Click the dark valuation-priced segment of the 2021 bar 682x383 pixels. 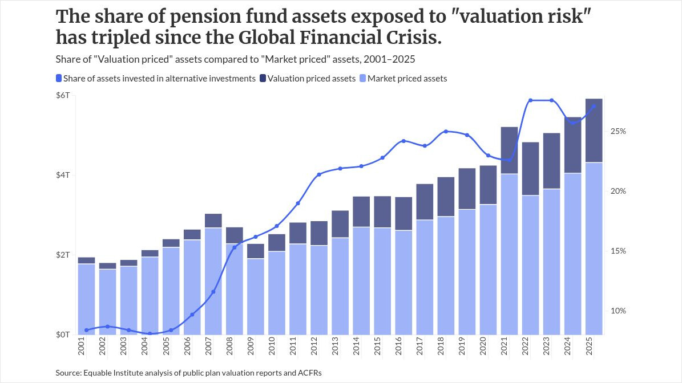click(x=509, y=150)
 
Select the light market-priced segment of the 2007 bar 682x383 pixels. click(x=213, y=281)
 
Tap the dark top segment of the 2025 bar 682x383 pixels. click(x=594, y=131)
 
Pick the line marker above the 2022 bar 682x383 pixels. click(x=530, y=100)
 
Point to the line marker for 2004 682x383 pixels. click(x=150, y=333)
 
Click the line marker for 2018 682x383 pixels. click(x=446, y=131)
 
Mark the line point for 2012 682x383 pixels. click(x=319, y=174)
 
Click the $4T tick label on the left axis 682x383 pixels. click(x=63, y=175)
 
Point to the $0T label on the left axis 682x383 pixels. click(x=63, y=335)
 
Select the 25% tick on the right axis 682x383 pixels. click(x=618, y=131)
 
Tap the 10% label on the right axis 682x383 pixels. click(x=618, y=311)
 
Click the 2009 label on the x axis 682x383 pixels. click(x=251, y=346)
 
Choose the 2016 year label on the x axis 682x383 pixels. click(x=399, y=346)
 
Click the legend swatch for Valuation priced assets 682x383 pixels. click(x=263, y=78)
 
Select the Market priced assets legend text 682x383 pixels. click(x=407, y=79)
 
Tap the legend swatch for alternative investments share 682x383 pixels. click(x=59, y=78)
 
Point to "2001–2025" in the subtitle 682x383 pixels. click(x=389, y=59)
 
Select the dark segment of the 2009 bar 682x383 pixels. click(x=255, y=251)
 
